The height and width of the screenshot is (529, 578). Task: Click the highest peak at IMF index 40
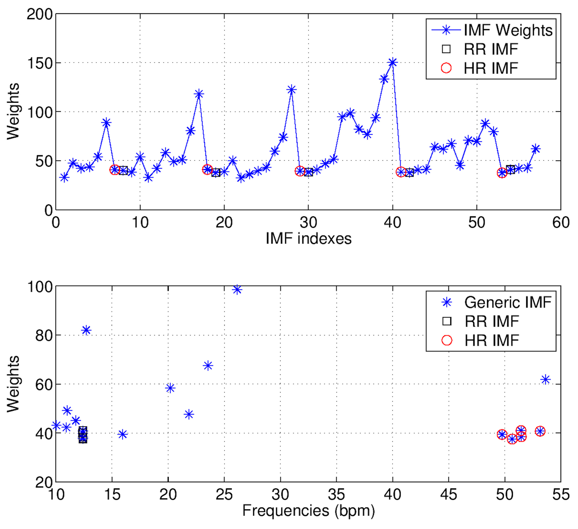pos(393,62)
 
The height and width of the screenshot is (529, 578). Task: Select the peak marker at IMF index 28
pos(291,90)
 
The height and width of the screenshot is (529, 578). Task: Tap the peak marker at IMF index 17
pos(199,94)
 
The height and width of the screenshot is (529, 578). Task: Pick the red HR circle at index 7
pos(115,170)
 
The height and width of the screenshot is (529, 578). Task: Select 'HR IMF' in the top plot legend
pos(491,68)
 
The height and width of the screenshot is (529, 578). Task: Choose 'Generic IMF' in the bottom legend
pos(508,302)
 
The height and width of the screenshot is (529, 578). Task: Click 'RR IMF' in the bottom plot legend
pos(492,321)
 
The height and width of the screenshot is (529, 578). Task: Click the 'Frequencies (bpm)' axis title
pos(308,511)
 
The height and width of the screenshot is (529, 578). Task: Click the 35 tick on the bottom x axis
pos(336,495)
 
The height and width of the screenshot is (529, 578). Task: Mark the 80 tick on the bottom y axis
pos(44,335)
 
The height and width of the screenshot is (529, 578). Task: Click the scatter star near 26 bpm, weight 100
pos(237,290)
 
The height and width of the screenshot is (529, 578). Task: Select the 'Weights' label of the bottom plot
pos(13,384)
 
